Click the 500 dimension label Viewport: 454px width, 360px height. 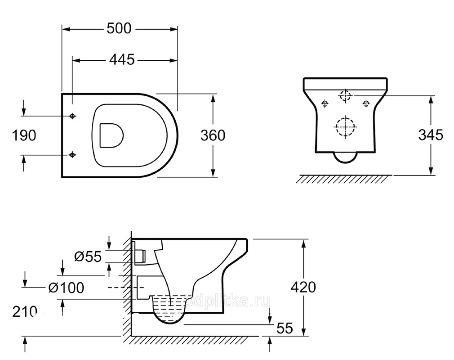coord(119,28)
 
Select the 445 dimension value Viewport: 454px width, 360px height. coord(122,60)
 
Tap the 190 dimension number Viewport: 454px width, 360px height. coord(24,135)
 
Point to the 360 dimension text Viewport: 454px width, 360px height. coord(213,135)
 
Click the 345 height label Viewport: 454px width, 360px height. coord(431,135)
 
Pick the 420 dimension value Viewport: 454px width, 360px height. coord(303,287)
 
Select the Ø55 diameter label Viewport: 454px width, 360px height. coord(88,256)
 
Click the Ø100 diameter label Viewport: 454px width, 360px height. coord(67,288)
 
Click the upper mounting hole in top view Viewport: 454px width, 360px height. coord(72,116)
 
